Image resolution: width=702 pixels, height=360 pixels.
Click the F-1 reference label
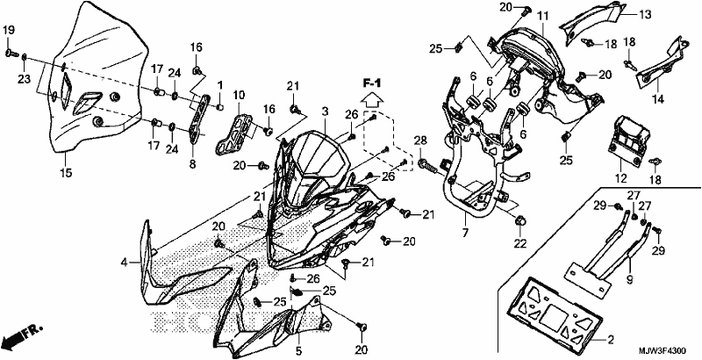coord(371,83)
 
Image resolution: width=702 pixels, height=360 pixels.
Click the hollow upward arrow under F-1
coord(371,98)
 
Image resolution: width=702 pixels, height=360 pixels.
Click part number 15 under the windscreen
coord(66,172)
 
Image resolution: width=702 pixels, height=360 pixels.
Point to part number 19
coord(9,31)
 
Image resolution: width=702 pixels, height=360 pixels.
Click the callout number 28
coord(419,140)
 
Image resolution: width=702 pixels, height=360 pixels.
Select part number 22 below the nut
coord(520,243)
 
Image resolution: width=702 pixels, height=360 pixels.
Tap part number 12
coord(621,178)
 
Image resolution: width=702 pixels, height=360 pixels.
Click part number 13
coord(645,15)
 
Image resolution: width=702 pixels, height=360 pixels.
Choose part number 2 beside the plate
coord(611,340)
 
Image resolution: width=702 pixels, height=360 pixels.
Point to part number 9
coord(630,281)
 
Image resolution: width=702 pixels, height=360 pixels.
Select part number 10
coord(239,95)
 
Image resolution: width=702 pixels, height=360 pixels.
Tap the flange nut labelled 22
coord(520,220)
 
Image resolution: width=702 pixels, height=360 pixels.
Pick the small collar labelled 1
coord(220,107)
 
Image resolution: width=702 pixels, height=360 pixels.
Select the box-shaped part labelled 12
coord(627,137)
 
